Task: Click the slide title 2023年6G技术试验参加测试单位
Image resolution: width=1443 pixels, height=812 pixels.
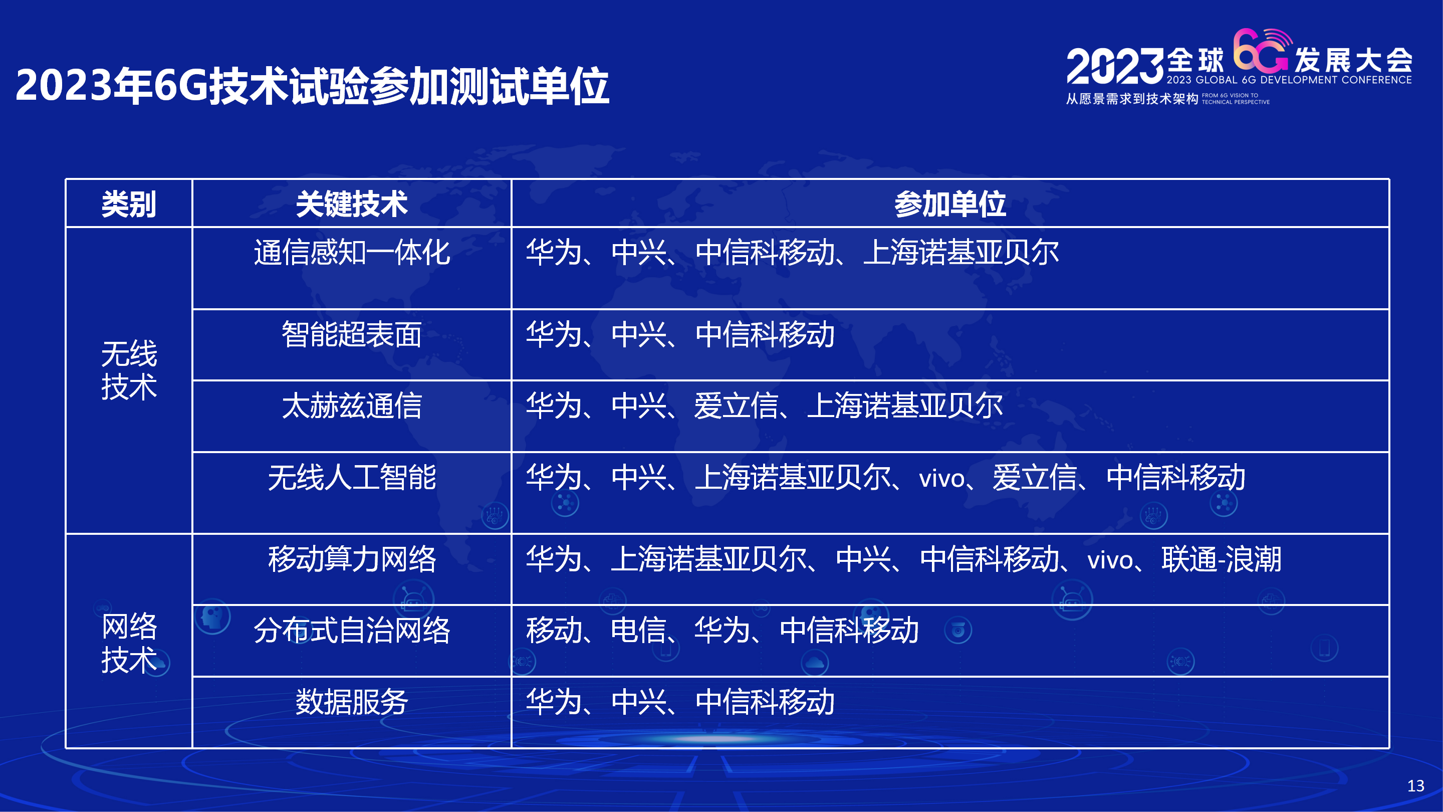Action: [312, 86]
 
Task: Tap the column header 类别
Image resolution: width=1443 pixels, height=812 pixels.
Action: [129, 204]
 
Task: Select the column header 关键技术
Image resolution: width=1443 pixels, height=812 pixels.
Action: [352, 204]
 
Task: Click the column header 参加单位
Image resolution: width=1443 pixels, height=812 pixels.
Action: [950, 204]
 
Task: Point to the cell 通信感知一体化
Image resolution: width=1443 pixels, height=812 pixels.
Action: [352, 252]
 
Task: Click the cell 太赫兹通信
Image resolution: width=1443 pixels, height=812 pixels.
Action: [352, 405]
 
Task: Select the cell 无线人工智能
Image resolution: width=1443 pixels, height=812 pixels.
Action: [352, 478]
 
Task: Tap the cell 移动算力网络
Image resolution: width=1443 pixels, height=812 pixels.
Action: [352, 559]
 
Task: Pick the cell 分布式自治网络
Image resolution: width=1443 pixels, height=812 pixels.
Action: [352, 631]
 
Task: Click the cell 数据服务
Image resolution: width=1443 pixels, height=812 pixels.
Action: [352, 702]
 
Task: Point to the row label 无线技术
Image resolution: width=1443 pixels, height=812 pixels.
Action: [129, 370]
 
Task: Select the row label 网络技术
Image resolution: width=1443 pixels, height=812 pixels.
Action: [129, 643]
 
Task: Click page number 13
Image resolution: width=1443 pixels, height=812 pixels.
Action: [1415, 785]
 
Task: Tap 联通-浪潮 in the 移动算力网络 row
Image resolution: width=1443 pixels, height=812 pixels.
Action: [1221, 559]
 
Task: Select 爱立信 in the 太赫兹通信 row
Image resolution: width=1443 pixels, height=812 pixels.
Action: [736, 405]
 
